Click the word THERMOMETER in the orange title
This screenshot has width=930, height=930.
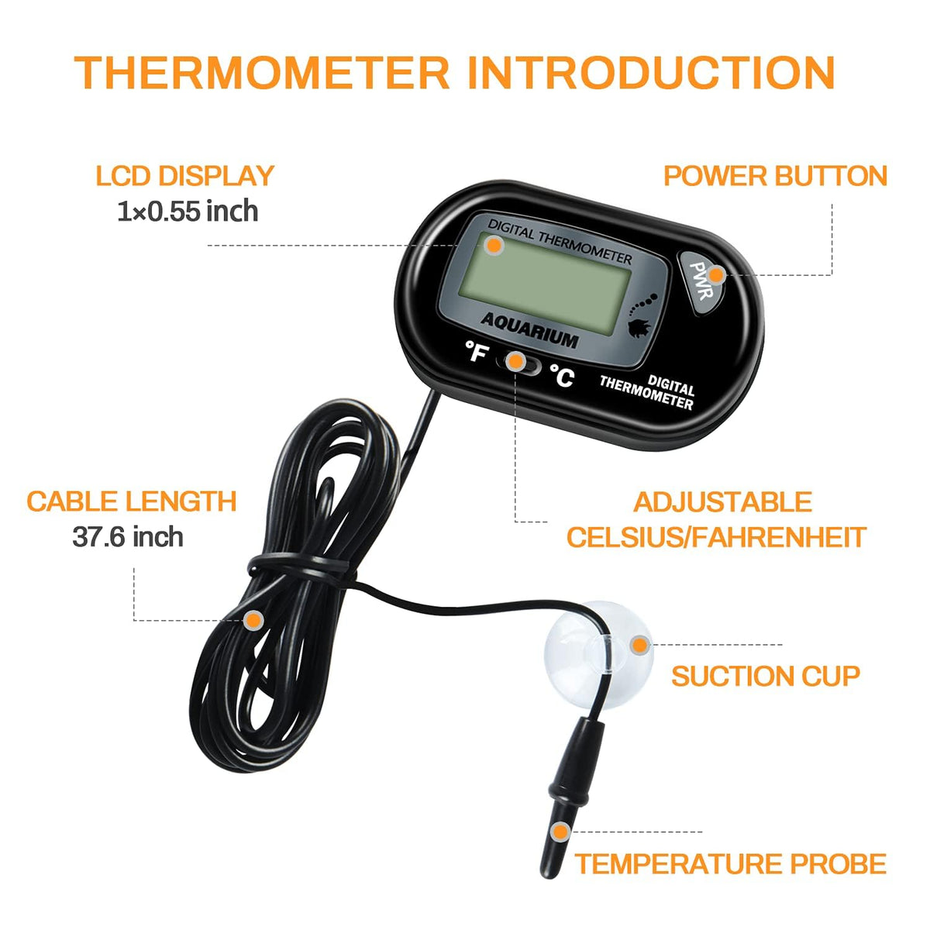pos(262,72)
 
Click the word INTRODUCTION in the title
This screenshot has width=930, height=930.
pos(652,72)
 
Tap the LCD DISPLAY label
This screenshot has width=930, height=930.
pos(185,176)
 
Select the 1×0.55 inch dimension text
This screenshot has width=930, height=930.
pos(188,212)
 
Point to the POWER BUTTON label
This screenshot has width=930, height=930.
pos(776,176)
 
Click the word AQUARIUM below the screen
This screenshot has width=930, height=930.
pos(529,330)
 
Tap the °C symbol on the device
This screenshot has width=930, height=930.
pos(562,375)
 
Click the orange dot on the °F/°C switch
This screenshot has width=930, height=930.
pos(516,361)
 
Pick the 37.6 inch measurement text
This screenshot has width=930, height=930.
pos(128,536)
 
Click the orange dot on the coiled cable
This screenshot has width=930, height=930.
pos(253,620)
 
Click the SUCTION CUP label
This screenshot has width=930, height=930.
pos(766,676)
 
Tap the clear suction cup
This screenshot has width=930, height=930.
pos(598,655)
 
